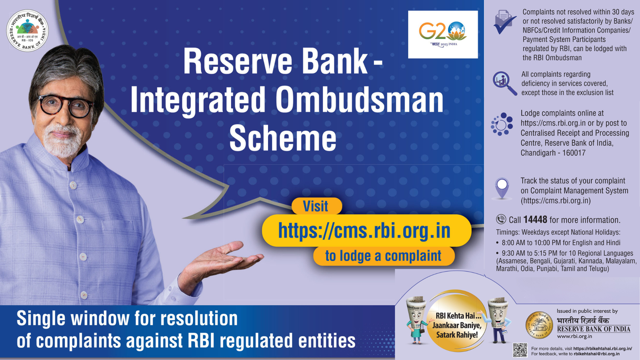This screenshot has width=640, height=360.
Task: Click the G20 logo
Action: tap(443, 35)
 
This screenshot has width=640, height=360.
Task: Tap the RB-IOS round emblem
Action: tap(28, 30)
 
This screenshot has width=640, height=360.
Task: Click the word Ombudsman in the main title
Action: tap(359, 100)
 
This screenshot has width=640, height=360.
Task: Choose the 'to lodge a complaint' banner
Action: tap(383, 256)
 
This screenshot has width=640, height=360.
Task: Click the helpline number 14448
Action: tap(535, 220)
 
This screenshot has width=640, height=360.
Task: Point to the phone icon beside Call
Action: tap(501, 219)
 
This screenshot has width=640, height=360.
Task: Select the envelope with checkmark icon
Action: tap(504, 22)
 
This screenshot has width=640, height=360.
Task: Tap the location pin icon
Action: tap(502, 188)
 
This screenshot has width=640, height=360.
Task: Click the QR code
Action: tap(520, 350)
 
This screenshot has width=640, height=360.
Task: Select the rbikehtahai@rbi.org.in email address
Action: tap(597, 354)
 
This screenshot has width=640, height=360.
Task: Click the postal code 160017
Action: tap(574, 153)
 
